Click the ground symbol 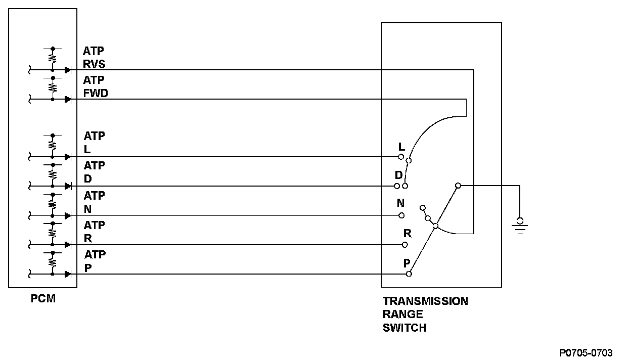point(520,225)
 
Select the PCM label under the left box point(42,299)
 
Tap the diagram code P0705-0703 point(586,352)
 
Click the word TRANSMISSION point(425,301)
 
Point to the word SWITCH point(404,328)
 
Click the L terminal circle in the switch point(401,157)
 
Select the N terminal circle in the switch point(401,215)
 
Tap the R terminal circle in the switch point(404,245)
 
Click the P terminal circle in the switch point(409,274)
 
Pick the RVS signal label point(94,64)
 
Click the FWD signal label point(96,94)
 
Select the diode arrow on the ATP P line point(67,274)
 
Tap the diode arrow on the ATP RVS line point(67,70)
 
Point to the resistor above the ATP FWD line point(53,87)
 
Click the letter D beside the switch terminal point(398,175)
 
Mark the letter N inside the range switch point(400,203)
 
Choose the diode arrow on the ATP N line point(67,216)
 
